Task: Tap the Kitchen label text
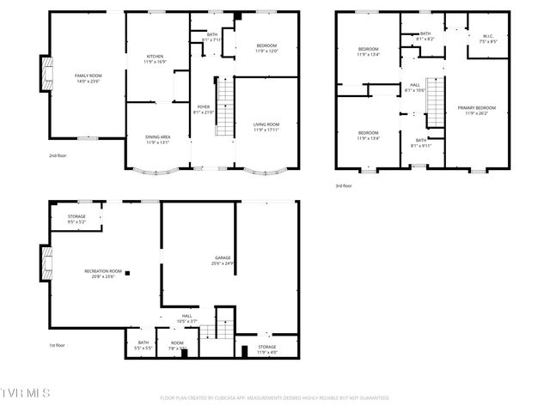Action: click(155, 59)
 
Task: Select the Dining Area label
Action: click(156, 139)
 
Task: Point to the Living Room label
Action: click(266, 127)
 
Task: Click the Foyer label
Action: click(203, 108)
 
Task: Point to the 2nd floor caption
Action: click(58, 155)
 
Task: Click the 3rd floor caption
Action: click(344, 185)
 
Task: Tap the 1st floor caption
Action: click(57, 345)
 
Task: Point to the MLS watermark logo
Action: click(26, 392)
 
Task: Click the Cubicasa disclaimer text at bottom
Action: click(275, 398)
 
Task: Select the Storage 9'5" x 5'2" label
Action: click(76, 219)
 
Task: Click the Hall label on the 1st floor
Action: click(187, 318)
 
